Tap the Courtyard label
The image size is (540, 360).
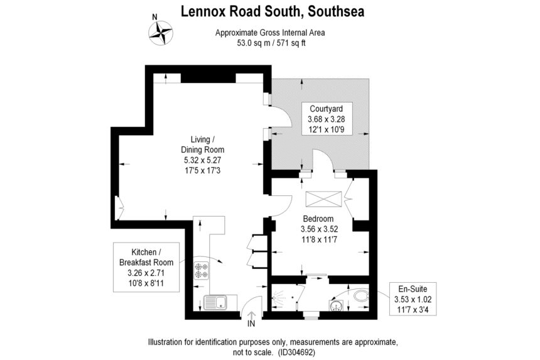click(x=326, y=108)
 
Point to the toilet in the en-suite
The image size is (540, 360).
click(x=361, y=296)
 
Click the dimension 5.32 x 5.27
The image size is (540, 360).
click(x=202, y=161)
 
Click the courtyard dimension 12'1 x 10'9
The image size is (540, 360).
click(x=326, y=129)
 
